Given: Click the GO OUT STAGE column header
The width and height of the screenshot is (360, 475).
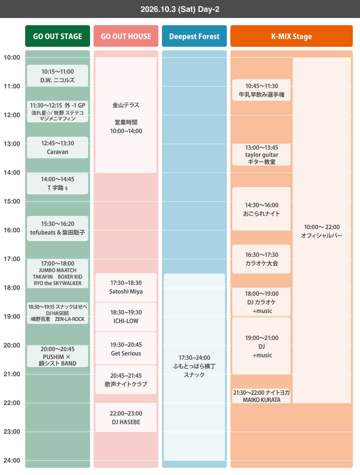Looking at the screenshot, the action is point(57,36).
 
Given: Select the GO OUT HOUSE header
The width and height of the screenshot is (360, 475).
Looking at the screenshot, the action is point(126,36).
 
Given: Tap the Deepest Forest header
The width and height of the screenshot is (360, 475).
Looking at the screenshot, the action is point(194,36).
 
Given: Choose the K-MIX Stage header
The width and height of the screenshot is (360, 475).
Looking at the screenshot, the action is point(291,36).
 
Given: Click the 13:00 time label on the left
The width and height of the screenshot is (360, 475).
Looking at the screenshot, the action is point(12,144).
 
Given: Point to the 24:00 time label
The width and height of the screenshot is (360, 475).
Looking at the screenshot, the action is point(12,460).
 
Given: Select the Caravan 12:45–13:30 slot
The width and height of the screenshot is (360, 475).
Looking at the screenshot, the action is point(57,148).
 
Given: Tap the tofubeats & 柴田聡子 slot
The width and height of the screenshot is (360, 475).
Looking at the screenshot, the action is point(57,228).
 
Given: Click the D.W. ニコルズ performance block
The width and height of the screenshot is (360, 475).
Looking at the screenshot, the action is point(57,76).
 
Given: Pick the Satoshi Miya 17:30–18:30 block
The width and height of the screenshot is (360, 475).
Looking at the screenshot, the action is point(126,288).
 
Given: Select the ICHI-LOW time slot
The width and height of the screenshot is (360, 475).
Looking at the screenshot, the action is point(126,317).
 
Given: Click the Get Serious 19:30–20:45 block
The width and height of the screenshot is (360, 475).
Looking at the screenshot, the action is point(126,348).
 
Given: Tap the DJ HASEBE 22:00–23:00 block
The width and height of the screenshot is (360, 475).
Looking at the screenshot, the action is point(126,417).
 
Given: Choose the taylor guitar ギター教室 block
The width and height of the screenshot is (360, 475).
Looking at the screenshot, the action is point(261,154).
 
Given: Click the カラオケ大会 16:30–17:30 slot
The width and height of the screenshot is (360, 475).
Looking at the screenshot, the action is point(261,259).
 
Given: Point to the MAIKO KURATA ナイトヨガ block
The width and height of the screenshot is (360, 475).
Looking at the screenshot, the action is point(261,396).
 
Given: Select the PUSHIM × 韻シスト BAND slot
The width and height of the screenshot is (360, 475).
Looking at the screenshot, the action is point(57,356).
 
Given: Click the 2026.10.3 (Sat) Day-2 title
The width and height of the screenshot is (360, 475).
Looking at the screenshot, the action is point(180,9).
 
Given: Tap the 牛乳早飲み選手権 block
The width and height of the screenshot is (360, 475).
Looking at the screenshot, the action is point(261,90).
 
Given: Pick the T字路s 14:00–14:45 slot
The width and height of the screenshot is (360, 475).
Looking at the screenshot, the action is point(57,183).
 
